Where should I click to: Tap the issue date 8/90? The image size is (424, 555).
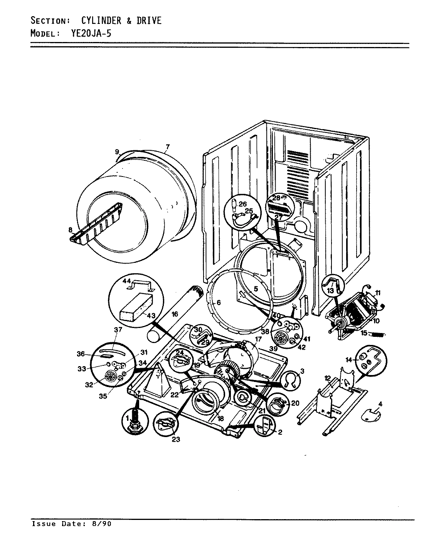[102, 524]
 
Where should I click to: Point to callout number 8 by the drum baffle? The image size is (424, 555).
[70, 230]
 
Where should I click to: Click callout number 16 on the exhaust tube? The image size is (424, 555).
[175, 314]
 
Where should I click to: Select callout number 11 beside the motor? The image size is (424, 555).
[378, 293]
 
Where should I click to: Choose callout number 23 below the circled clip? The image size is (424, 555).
[175, 439]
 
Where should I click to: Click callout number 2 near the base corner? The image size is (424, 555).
[280, 432]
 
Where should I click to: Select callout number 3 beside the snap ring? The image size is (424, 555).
[302, 371]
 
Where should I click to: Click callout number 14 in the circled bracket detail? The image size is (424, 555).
[349, 360]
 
